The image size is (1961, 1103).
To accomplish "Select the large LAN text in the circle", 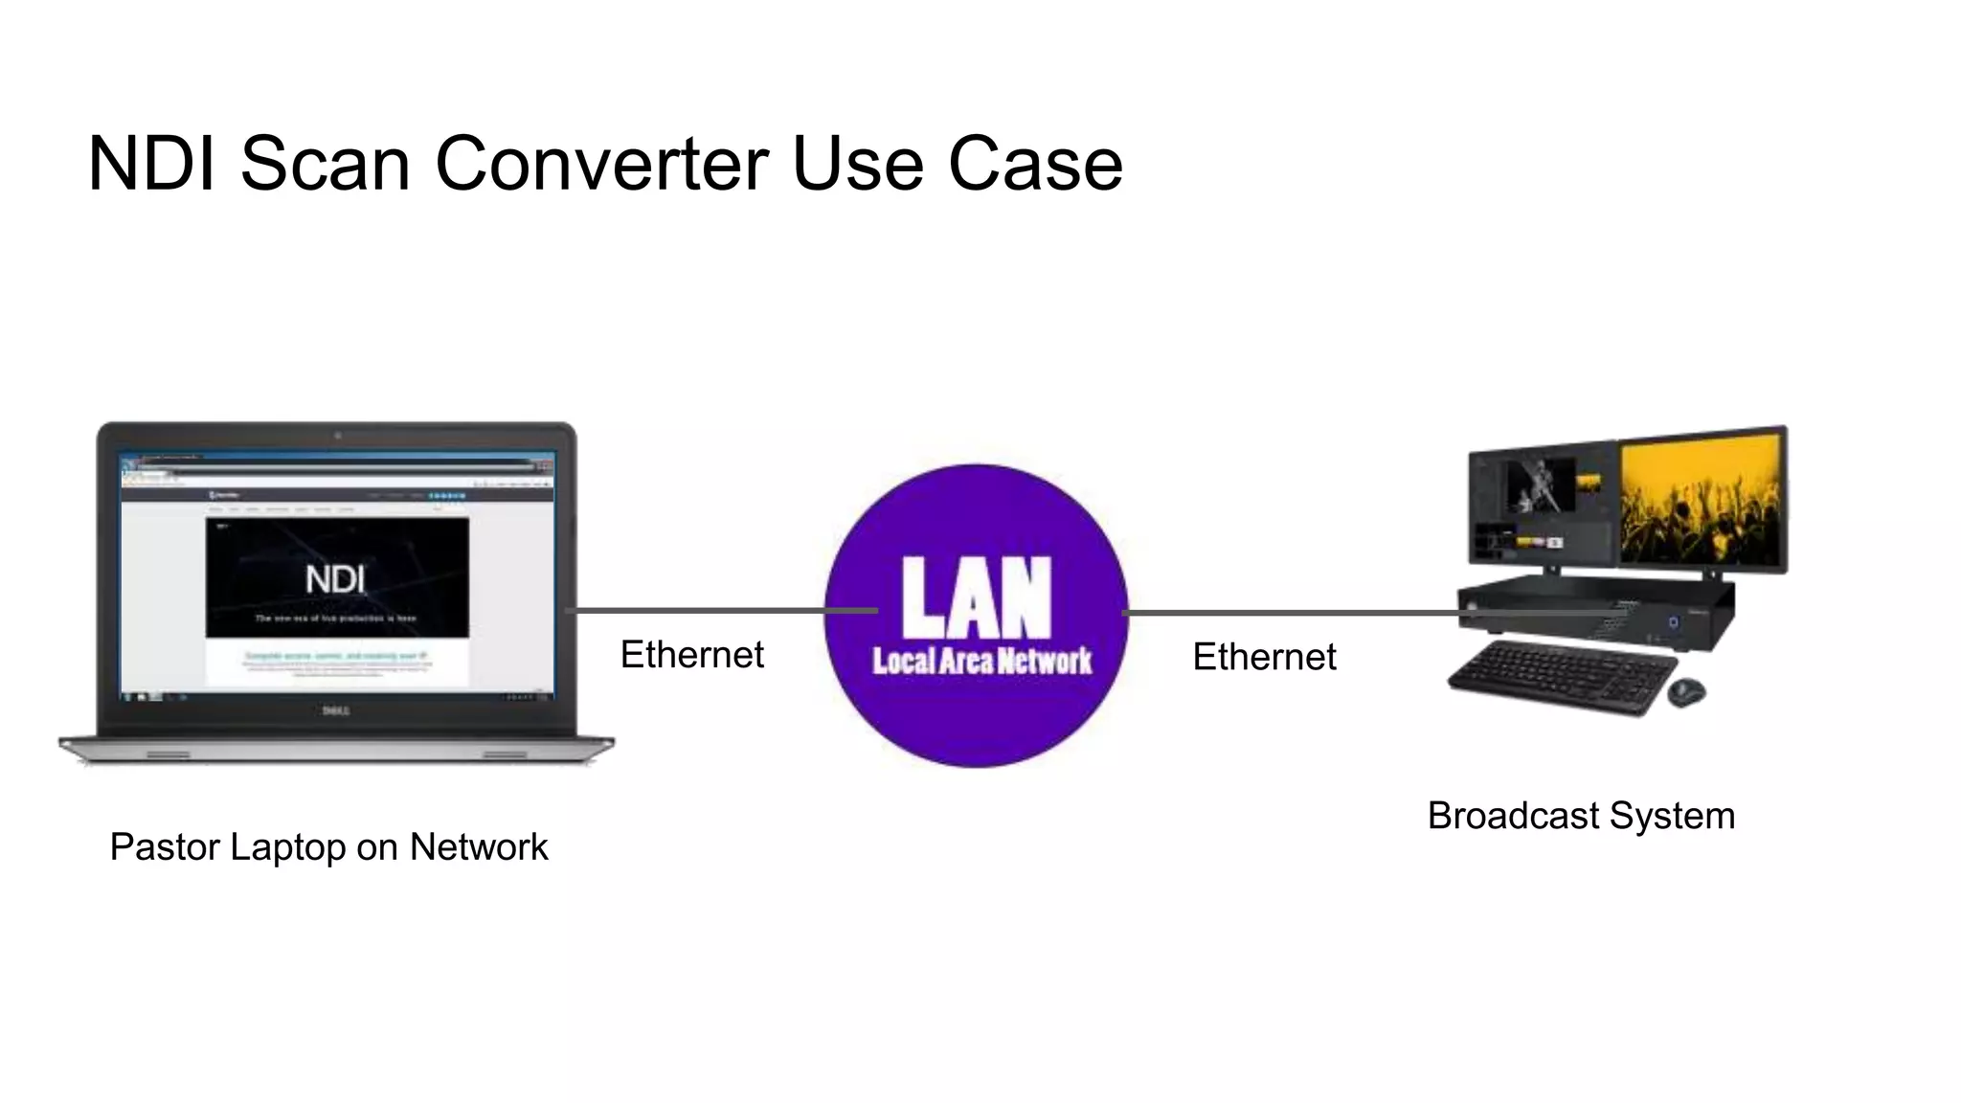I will click(x=976, y=597).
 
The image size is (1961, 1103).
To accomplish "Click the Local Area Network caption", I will click(x=981, y=661).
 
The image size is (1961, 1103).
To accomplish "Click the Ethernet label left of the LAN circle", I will click(x=691, y=655).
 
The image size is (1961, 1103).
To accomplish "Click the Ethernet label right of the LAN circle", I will click(x=1264, y=657).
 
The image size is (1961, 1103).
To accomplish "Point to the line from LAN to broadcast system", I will click(x=1293, y=612).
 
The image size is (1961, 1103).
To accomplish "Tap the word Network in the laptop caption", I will click(x=479, y=847).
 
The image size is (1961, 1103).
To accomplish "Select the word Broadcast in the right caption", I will click(x=1513, y=816).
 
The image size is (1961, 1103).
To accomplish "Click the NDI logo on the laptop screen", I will click(x=335, y=579).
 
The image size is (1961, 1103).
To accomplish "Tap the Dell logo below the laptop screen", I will click(x=335, y=710).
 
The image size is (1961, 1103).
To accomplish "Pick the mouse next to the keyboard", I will click(x=1686, y=691).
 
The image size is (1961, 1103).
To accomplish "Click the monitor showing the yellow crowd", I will click(x=1701, y=500).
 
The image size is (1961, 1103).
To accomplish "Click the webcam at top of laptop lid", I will click(x=337, y=436).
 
